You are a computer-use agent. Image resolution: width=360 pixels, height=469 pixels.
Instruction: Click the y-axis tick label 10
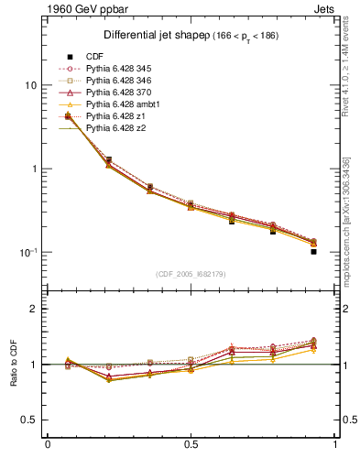click(30, 85)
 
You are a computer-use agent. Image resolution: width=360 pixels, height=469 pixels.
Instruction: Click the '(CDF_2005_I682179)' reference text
click(191, 273)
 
